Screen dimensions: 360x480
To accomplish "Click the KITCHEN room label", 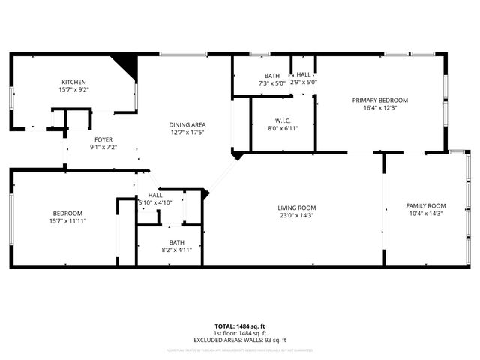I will click(x=73, y=82).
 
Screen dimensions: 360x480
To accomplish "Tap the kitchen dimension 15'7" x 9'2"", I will click(x=73, y=90).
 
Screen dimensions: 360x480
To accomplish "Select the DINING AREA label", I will click(x=187, y=124).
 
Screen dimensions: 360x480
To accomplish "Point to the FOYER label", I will click(x=103, y=139).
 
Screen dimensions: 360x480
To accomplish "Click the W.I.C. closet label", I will click(x=283, y=120).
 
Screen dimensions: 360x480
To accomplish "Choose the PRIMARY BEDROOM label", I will click(x=380, y=100).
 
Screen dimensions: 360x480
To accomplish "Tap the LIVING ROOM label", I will click(x=297, y=208).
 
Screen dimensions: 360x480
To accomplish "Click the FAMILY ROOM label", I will click(x=426, y=205).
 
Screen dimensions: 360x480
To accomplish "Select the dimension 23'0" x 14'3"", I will click(x=297, y=216).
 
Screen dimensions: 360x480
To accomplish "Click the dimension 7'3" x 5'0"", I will click(x=271, y=83).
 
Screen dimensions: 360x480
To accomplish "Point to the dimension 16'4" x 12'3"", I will click(x=380, y=108).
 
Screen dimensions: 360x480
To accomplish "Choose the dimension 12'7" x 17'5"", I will click(x=187, y=133).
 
